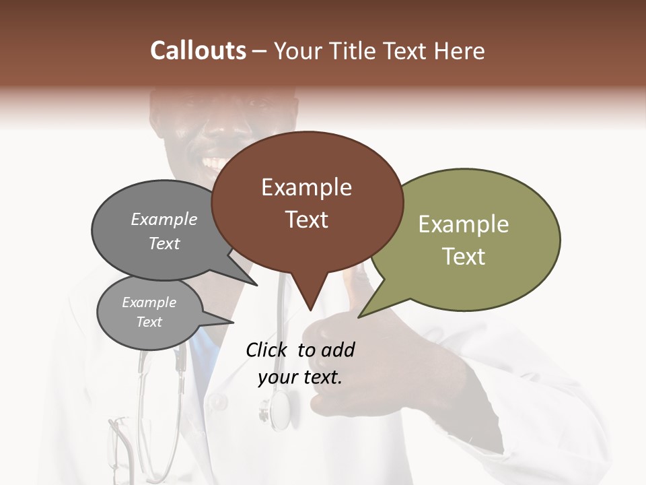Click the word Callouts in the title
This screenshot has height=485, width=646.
[198, 51]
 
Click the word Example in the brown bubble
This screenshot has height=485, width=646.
[306, 187]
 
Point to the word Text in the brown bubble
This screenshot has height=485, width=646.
[306, 220]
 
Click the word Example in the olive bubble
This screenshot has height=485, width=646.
[463, 224]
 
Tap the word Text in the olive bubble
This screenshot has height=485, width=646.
[464, 257]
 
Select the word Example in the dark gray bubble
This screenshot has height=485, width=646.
[164, 220]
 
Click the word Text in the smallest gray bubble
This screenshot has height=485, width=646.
[149, 322]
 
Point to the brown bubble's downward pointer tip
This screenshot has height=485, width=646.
[310, 310]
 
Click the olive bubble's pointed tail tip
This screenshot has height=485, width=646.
[359, 317]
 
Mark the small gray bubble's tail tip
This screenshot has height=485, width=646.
[234, 321]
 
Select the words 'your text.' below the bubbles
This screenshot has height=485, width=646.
[299, 377]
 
